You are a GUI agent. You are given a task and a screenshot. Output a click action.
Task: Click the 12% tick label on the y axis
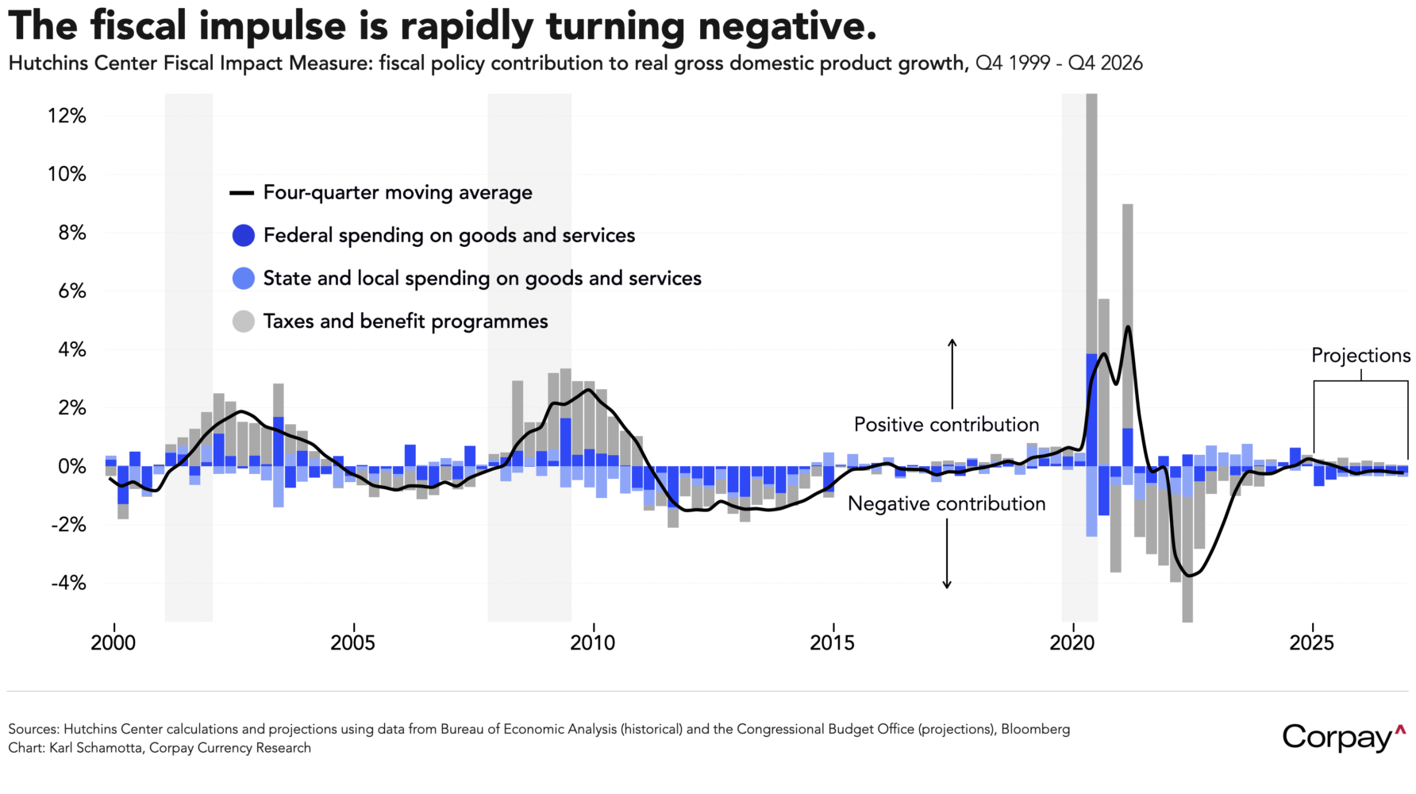pyautogui.click(x=67, y=116)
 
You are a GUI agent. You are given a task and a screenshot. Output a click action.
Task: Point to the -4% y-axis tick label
pyautogui.click(x=68, y=584)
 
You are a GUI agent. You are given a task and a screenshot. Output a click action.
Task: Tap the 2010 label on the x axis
pyautogui.click(x=592, y=643)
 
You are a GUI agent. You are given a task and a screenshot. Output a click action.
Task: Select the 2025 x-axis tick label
pyautogui.click(x=1311, y=643)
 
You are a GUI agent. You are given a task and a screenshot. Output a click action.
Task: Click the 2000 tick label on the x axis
pyautogui.click(x=114, y=643)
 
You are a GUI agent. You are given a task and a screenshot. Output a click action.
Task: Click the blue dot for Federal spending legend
pyautogui.click(x=244, y=236)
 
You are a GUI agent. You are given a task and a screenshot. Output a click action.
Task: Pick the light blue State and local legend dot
pyautogui.click(x=244, y=279)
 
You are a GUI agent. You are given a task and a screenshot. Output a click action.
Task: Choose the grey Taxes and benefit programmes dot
pyautogui.click(x=244, y=322)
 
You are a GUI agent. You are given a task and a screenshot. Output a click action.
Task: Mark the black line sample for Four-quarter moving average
pyautogui.click(x=241, y=193)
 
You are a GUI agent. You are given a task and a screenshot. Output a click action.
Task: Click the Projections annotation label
pyautogui.click(x=1360, y=356)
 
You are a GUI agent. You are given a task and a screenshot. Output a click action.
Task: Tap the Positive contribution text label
pyautogui.click(x=946, y=425)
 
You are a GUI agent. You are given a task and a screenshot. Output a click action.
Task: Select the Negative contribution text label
pyautogui.click(x=946, y=504)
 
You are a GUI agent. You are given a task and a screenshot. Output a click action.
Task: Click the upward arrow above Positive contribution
pyautogui.click(x=952, y=373)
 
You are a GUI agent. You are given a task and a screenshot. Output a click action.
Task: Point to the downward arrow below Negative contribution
pyautogui.click(x=947, y=556)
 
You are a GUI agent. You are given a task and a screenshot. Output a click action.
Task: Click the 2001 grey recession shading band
pyautogui.click(x=189, y=357)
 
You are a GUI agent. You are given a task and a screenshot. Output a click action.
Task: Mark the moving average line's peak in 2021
pyautogui.click(x=1128, y=327)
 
